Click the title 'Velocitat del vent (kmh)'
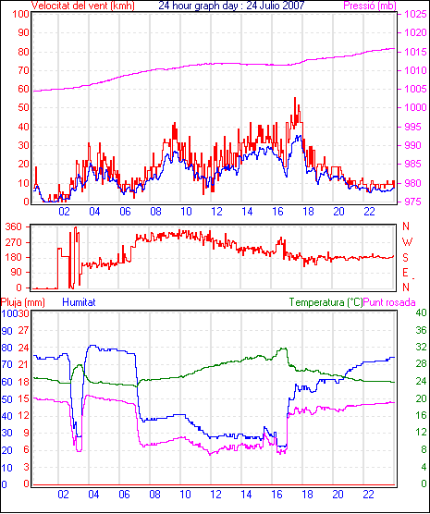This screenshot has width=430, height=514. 82,6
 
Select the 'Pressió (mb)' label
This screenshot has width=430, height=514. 370,6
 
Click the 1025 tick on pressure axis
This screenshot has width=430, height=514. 415,14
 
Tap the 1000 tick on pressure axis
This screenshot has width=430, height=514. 415,107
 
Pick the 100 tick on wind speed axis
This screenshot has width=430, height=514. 20,14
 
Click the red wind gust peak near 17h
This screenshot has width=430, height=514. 295,98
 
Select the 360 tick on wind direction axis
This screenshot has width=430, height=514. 14,226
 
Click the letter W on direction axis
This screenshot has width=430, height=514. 407,242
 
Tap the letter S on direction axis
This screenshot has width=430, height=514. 406,258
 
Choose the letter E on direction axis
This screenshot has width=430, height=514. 405,273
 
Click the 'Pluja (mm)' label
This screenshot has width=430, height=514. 22,302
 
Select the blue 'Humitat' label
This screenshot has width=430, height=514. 79,302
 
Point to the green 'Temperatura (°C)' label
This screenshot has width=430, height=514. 326,302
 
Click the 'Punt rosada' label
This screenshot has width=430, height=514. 389,302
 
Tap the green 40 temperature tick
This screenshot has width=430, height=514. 421,312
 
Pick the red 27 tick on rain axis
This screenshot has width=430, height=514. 24,330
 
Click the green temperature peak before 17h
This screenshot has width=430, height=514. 285,349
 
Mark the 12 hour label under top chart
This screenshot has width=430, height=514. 216,212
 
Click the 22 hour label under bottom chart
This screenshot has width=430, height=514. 368,494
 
